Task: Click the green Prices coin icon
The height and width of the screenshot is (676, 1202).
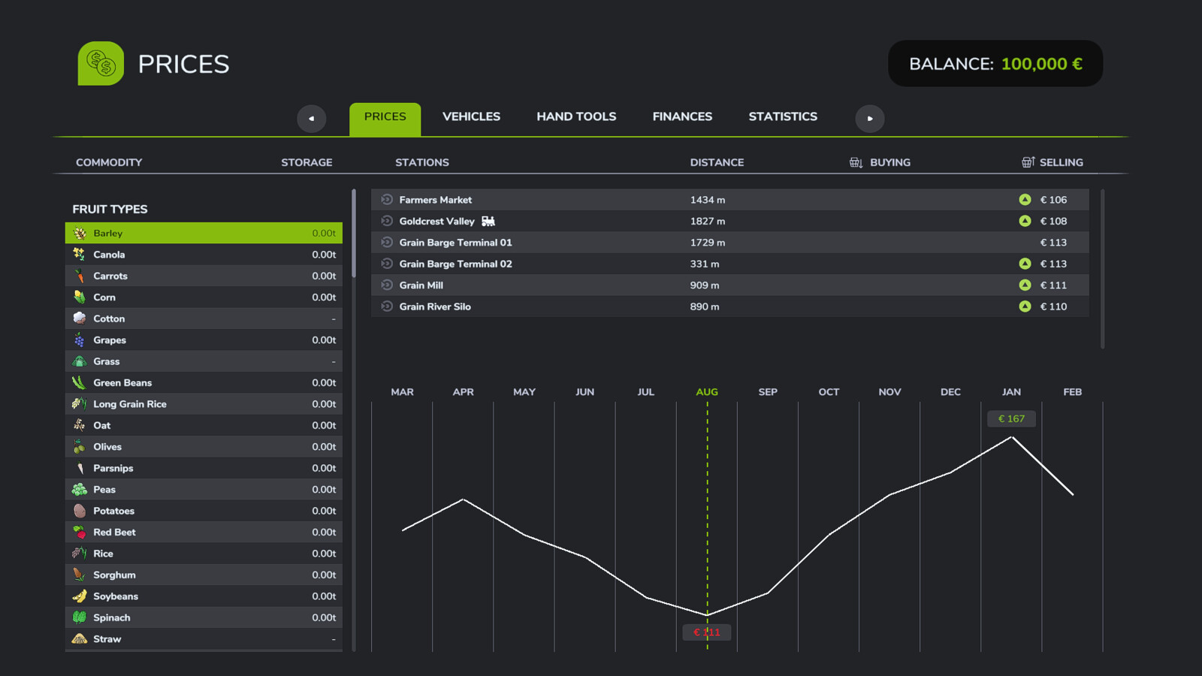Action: pos(101,63)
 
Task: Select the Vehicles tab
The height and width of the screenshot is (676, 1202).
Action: pos(471,116)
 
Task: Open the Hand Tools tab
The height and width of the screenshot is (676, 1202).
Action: pos(576,116)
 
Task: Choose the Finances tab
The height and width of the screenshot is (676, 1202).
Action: pos(682,116)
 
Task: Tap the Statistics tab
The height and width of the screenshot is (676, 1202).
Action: pos(783,116)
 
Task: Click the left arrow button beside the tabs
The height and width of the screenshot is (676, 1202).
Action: pos(311,119)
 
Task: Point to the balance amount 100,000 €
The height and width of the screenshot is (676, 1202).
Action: pos(1041,64)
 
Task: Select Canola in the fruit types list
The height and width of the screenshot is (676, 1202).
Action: pos(109,255)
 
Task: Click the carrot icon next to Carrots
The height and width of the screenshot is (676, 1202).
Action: pos(80,276)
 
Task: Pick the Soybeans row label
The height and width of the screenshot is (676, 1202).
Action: pos(116,596)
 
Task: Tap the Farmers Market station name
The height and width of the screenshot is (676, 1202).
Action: pos(435,200)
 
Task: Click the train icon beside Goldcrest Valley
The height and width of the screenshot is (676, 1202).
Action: pos(488,221)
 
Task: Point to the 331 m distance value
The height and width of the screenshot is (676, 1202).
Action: pos(705,264)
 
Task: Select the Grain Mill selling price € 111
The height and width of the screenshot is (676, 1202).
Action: pos(1053,285)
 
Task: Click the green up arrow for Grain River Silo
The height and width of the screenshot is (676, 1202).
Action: pos(1025,306)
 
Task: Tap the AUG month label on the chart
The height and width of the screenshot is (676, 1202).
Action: pos(707,392)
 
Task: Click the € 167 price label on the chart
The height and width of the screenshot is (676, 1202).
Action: pos(1011,418)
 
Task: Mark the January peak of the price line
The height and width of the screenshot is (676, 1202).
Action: pos(1011,437)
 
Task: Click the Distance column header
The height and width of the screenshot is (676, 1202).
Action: pos(717,162)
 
